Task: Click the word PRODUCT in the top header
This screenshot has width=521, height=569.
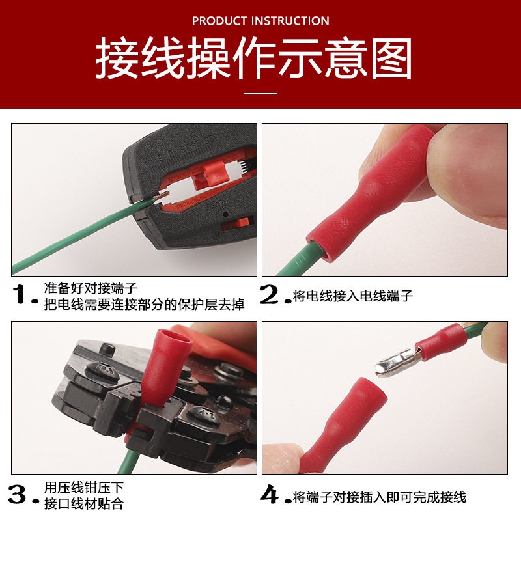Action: pyautogui.click(x=219, y=21)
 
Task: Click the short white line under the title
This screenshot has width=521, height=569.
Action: pyautogui.click(x=260, y=94)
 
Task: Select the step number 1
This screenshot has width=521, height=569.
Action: pyautogui.click(x=25, y=296)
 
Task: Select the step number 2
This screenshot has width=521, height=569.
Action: pyautogui.click(x=273, y=296)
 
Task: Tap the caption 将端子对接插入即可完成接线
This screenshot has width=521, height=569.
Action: pyautogui.click(x=380, y=497)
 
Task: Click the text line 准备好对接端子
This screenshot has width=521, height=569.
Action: pyautogui.click(x=91, y=288)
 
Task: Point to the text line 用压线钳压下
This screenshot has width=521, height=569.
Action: pyautogui.click(x=83, y=488)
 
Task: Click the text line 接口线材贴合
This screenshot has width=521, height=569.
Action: pyautogui.click(x=83, y=504)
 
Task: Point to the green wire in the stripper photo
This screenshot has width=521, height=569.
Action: pyautogui.click(x=72, y=241)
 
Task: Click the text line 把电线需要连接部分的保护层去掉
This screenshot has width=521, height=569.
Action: pyautogui.click(x=144, y=305)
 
